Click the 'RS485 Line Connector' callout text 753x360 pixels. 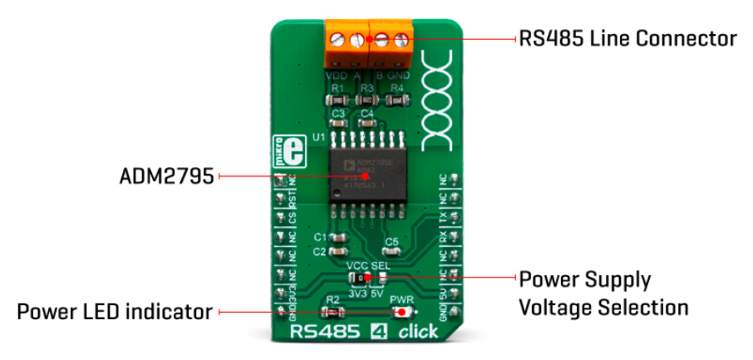coord(627,38)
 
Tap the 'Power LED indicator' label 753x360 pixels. coord(114,312)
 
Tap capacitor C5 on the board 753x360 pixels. coord(391,249)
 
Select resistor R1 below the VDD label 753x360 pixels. coord(337,98)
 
